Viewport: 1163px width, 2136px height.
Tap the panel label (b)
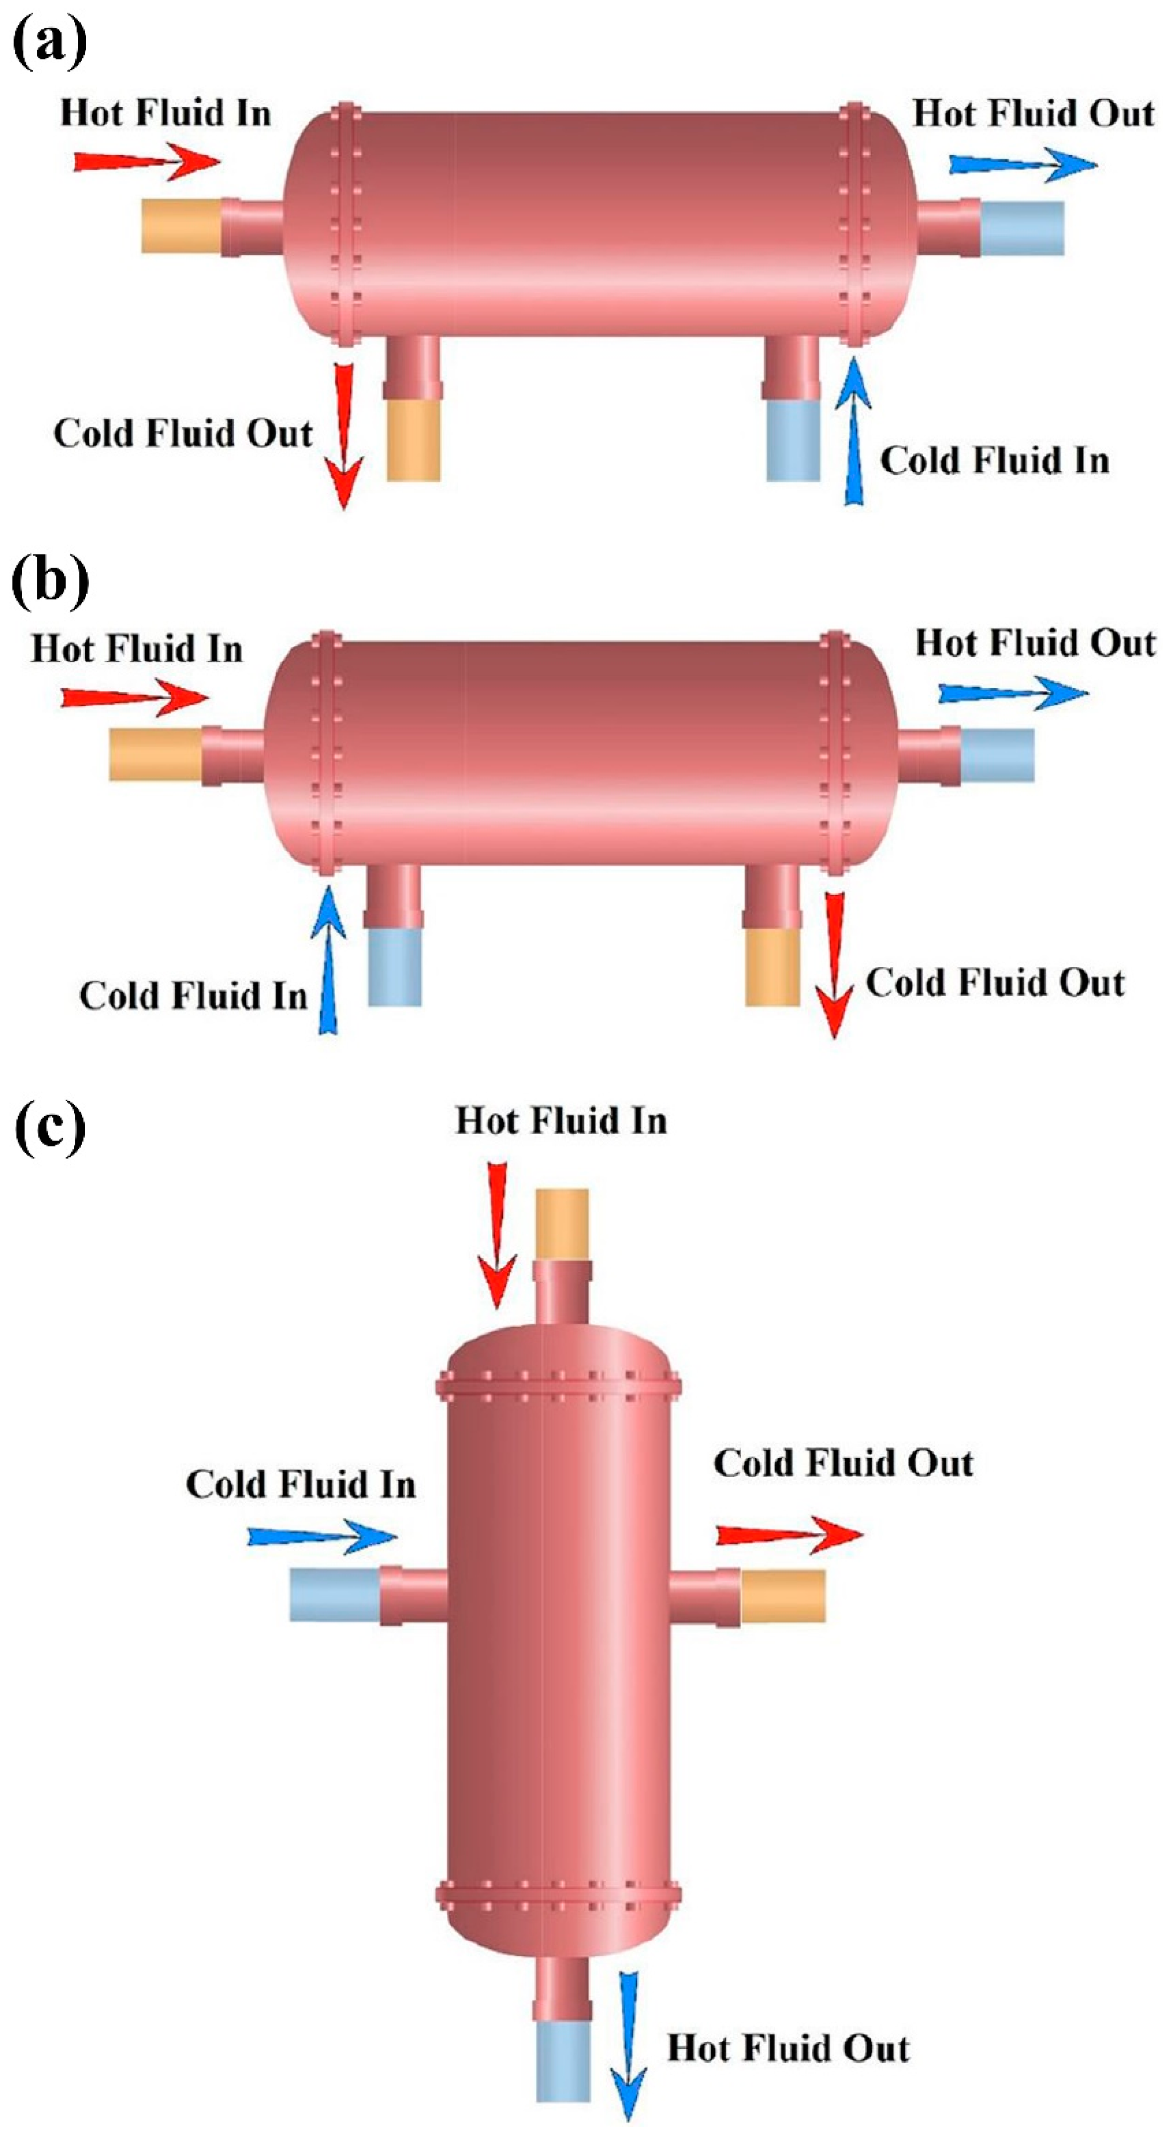[50, 581]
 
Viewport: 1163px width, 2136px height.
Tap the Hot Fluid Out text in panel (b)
[1034, 643]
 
